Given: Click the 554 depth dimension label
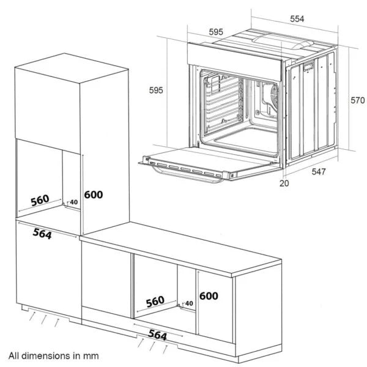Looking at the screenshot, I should pos(297,20).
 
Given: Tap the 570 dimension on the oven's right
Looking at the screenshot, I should pos(357,100).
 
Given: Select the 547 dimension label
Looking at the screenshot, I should pos(319,172).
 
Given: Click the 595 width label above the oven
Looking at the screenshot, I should pos(215,32).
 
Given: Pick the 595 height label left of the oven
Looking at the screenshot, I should pos(156,90).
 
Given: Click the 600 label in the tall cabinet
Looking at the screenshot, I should pos(94,195).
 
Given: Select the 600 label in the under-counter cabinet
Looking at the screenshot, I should pos(209,295).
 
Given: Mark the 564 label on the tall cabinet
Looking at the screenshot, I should pos(42,234).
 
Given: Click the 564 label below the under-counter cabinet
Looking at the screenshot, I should pos(158,335).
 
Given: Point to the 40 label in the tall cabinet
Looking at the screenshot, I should pos(74,202).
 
